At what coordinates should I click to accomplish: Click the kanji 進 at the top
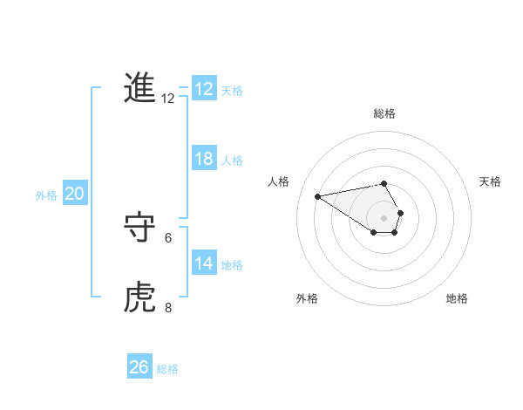[x=139, y=88]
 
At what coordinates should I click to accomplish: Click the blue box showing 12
[x=204, y=89]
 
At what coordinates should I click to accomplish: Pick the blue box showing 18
[x=204, y=159]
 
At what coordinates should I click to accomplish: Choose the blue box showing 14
[x=204, y=263]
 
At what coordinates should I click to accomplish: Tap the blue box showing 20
[x=75, y=194]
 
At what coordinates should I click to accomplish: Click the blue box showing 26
[x=139, y=367]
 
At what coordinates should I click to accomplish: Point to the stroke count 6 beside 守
[x=168, y=237]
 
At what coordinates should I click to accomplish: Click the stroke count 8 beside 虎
[x=168, y=307]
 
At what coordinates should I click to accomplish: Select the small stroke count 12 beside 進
[x=168, y=99]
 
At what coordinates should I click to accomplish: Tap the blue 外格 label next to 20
[x=46, y=195]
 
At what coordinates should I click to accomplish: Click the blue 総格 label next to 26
[x=167, y=369]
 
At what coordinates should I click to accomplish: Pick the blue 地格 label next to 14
[x=232, y=265]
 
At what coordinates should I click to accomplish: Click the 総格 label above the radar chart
[x=384, y=113]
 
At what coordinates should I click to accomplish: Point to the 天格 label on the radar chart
[x=490, y=181]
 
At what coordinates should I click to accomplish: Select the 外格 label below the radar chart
[x=307, y=298]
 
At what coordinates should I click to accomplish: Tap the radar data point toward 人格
[x=317, y=195]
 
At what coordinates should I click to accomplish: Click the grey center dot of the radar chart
[x=384, y=217]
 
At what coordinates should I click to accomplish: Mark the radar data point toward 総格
[x=384, y=183]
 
